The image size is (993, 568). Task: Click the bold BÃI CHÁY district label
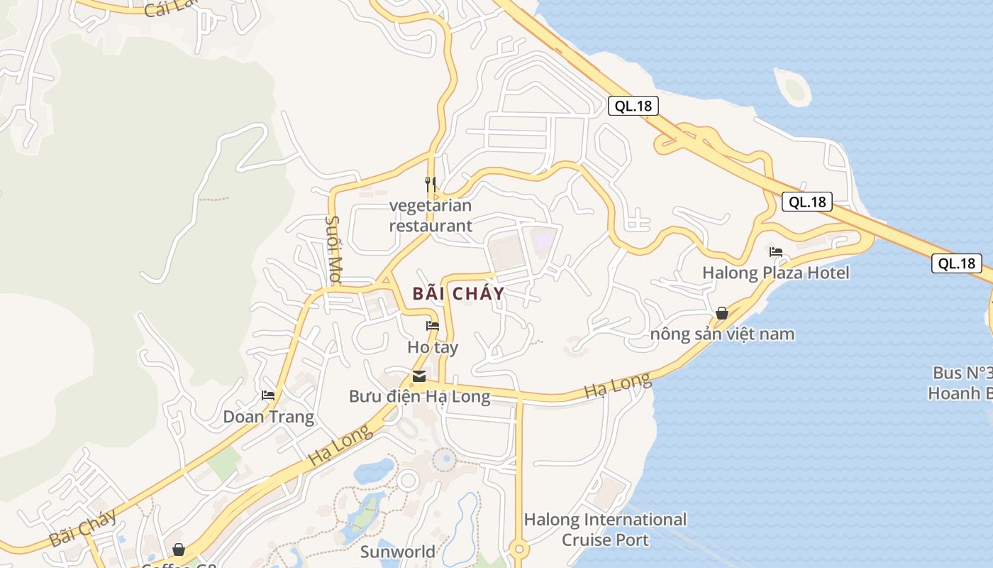pyautogui.click(x=458, y=293)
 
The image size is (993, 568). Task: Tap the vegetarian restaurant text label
pyautogui.click(x=430, y=216)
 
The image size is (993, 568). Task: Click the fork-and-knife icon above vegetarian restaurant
pyautogui.click(x=430, y=185)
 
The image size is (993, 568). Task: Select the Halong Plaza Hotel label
pyautogui.click(x=775, y=273)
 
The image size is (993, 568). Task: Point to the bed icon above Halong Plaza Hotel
pyautogui.click(x=775, y=252)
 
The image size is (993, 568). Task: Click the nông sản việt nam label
pyautogui.click(x=722, y=334)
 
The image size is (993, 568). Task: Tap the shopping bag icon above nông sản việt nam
pyautogui.click(x=722, y=313)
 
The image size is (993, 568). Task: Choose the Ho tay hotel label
pyautogui.click(x=433, y=347)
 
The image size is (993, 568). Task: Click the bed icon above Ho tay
pyautogui.click(x=432, y=326)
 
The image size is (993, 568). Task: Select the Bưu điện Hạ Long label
pyautogui.click(x=419, y=396)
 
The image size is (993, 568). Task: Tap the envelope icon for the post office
pyautogui.click(x=419, y=376)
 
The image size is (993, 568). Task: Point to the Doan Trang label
pyautogui.click(x=268, y=417)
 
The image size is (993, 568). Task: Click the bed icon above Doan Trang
pyautogui.click(x=268, y=395)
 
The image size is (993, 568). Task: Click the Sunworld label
pyautogui.click(x=397, y=552)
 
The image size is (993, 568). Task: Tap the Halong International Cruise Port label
pyautogui.click(x=605, y=530)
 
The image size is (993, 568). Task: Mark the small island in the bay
pyautogui.click(x=793, y=87)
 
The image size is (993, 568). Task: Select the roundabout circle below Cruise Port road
pyautogui.click(x=519, y=550)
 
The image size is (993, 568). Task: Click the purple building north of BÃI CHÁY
pyautogui.click(x=543, y=239)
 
